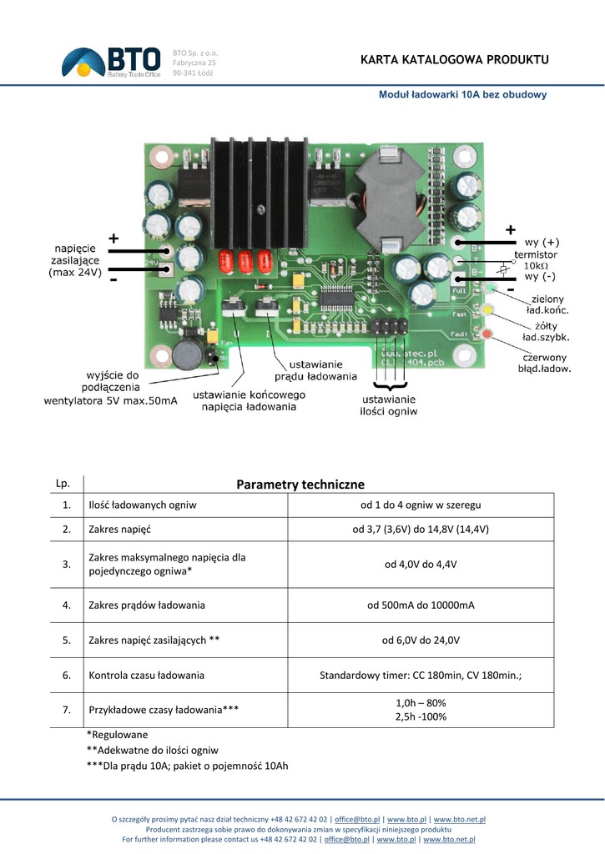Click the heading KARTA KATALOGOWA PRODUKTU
click(x=454, y=60)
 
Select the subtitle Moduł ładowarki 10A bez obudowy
click(x=462, y=95)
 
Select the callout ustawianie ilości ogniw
click(x=388, y=405)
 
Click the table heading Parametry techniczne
click(x=300, y=485)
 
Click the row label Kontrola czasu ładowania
click(x=146, y=676)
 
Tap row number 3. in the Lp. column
click(x=66, y=565)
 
